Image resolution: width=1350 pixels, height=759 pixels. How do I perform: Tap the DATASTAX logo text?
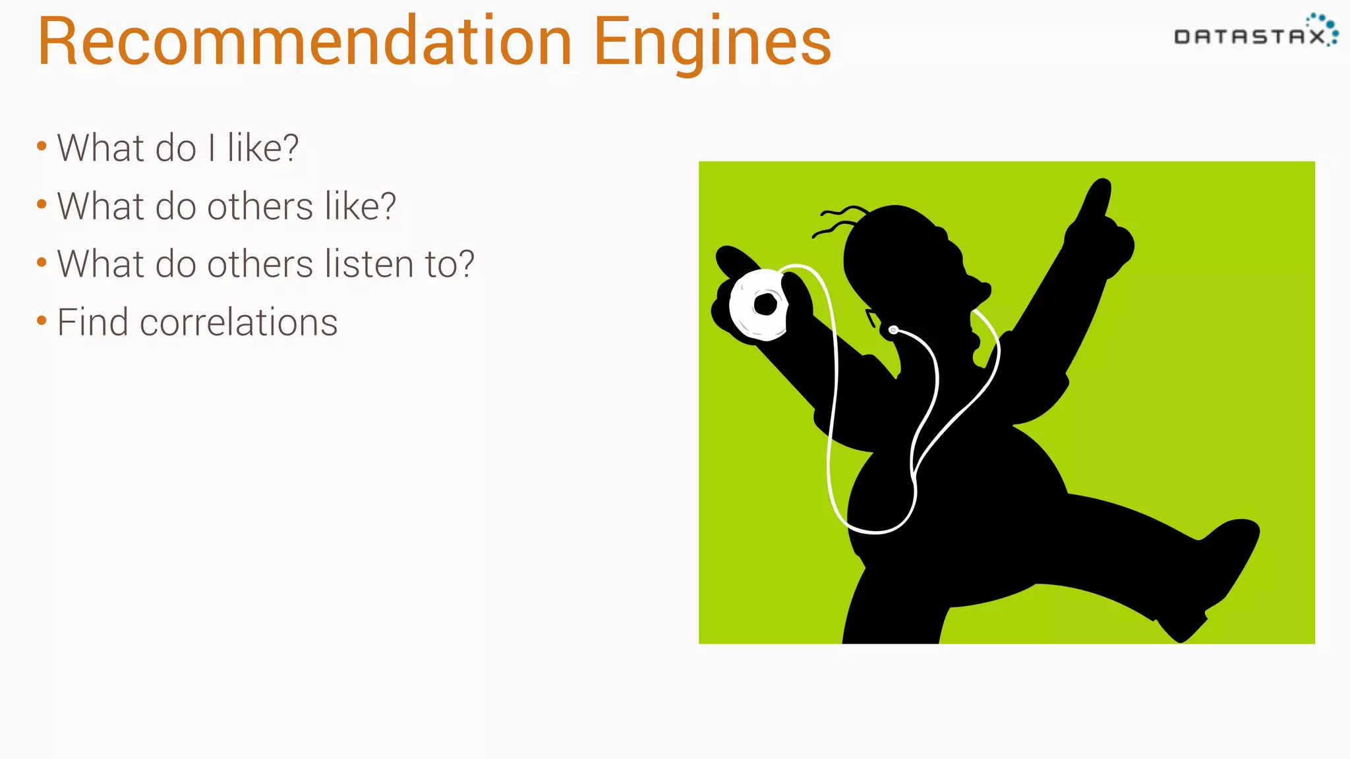coord(1249,37)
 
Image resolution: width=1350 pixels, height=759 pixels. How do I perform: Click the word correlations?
coord(239,323)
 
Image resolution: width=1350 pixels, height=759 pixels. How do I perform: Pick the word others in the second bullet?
coord(260,206)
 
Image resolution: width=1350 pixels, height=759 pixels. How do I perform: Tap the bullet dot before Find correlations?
coord(42,321)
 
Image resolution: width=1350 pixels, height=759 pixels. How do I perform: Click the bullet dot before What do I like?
coord(42,146)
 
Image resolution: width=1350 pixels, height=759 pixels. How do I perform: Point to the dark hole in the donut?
coord(765,304)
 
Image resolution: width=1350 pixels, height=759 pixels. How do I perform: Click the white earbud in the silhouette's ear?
coord(893,329)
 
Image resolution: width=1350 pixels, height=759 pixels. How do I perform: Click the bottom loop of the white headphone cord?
coord(873,527)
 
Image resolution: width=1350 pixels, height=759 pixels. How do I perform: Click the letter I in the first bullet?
coord(212,148)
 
